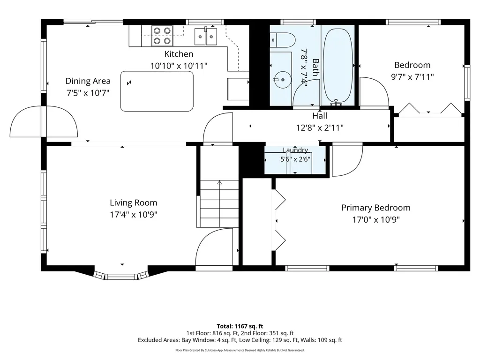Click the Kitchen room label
[179, 54]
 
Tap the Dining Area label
[88, 81]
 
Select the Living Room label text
[134, 202]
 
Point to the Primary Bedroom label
[376, 208]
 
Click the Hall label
[320, 116]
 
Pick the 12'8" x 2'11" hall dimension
[320, 127]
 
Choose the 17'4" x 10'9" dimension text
[134, 215]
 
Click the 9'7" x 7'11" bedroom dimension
[412, 77]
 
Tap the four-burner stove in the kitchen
[162, 36]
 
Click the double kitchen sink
[206, 37]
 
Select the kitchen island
[157, 91]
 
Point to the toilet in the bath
[282, 40]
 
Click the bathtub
[337, 66]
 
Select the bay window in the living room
[121, 275]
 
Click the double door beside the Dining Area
[44, 121]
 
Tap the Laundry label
[295, 150]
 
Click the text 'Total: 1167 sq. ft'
[240, 326]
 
